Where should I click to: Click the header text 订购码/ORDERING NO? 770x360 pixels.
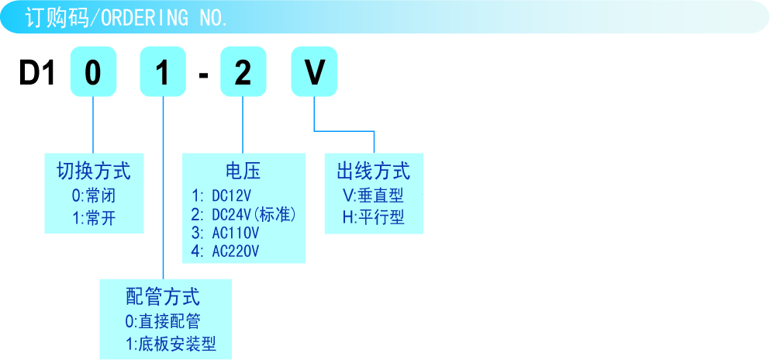pyautogui.click(x=126, y=18)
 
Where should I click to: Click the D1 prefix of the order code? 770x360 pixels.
pyautogui.click(x=38, y=73)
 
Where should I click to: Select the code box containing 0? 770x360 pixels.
pyautogui.click(x=93, y=73)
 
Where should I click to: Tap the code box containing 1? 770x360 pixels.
pyautogui.click(x=162, y=73)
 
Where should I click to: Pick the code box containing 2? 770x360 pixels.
pyautogui.click(x=243, y=73)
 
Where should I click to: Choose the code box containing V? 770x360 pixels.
pyautogui.click(x=314, y=73)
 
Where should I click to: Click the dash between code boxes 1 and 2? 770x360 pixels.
pyautogui.click(x=203, y=75)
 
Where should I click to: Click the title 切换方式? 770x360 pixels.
pyautogui.click(x=93, y=170)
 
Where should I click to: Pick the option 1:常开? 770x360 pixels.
pyautogui.click(x=93, y=218)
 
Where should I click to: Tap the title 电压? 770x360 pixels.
pyautogui.click(x=243, y=171)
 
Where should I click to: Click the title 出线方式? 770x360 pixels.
pyautogui.click(x=373, y=170)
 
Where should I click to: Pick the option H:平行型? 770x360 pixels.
pyautogui.click(x=373, y=217)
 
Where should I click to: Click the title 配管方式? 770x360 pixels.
pyautogui.click(x=163, y=296)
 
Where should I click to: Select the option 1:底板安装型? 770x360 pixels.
pyautogui.click(x=171, y=344)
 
